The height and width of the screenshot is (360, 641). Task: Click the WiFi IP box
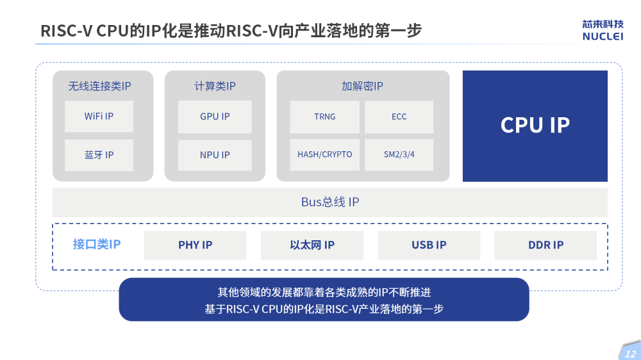coord(99,117)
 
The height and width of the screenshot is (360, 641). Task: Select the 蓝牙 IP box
coord(99,155)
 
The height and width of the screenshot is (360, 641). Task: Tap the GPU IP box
coord(215,117)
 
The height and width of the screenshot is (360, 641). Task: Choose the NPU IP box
coord(215,155)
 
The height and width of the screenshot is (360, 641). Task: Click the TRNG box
coord(324,117)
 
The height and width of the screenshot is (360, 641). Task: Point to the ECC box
coord(399,117)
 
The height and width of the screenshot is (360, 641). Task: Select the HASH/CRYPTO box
coord(324,155)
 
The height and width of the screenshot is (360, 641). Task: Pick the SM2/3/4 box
coord(399,155)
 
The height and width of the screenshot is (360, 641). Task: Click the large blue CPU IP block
coord(535,126)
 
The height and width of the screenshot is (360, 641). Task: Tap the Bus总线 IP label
coord(330,202)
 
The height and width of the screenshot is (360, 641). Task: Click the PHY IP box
coord(195,245)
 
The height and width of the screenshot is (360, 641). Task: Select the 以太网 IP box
coord(312,245)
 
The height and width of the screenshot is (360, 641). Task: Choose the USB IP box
coord(429,245)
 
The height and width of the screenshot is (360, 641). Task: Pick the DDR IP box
coord(545,245)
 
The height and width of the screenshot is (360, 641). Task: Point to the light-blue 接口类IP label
coord(97,244)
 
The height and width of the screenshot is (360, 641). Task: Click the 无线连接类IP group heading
coord(99,86)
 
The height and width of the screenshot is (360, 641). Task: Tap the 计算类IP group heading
coord(215,86)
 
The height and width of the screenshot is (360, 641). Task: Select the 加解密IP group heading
coord(362,86)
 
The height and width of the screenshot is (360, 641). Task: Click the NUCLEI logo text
coord(603,37)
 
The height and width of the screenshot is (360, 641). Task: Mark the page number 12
coord(630,354)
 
